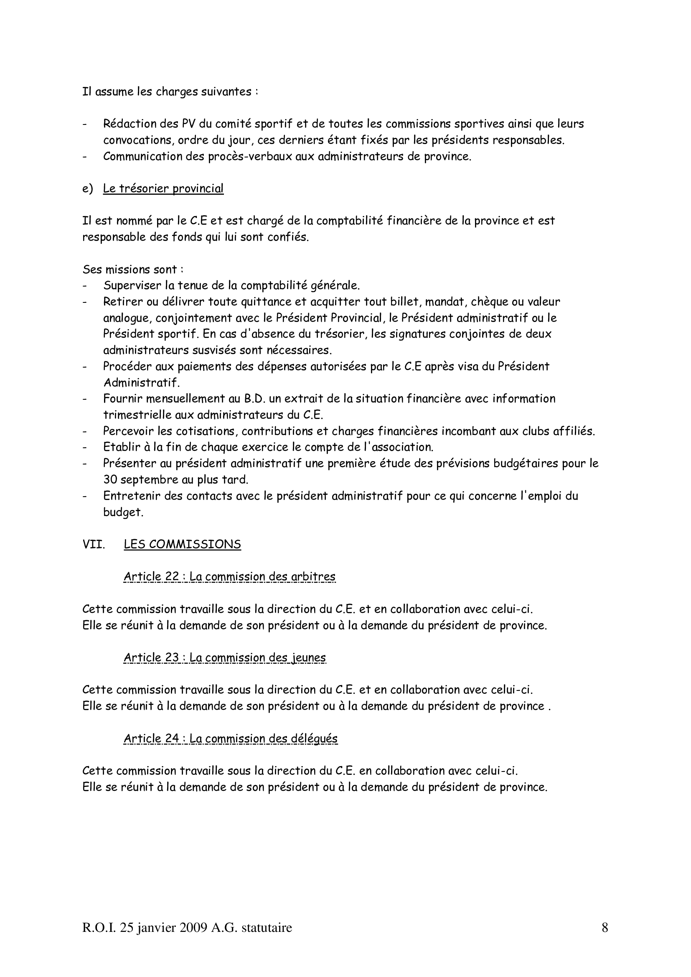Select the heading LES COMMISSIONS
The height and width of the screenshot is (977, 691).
click(182, 545)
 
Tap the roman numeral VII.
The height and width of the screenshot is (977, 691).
click(94, 545)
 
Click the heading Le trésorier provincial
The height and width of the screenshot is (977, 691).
click(163, 188)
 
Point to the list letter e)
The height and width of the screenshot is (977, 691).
click(88, 188)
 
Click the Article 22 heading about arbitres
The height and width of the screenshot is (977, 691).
click(229, 577)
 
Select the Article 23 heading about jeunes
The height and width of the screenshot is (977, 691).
click(225, 658)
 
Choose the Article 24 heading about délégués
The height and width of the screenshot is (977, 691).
click(230, 739)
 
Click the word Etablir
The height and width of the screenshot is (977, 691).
click(119, 447)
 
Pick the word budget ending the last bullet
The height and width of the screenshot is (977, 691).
click(123, 513)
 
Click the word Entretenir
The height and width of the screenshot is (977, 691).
click(131, 496)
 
